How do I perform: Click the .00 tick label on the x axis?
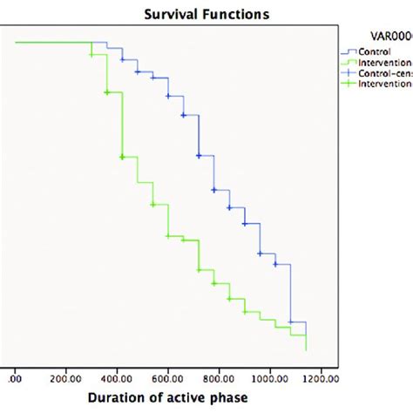tap(16, 379)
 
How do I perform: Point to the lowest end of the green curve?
tap(306, 349)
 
